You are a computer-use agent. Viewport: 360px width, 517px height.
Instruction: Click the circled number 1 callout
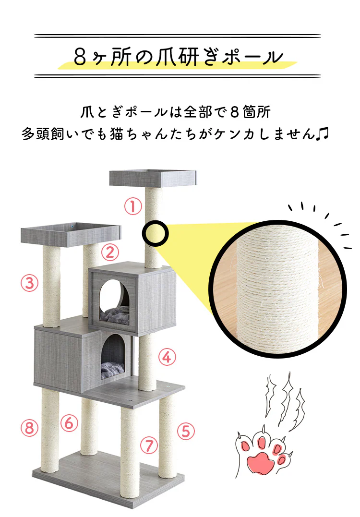[133, 207]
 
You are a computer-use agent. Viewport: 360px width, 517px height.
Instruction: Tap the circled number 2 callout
[110, 252]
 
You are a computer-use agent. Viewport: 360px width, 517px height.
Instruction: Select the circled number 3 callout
[29, 283]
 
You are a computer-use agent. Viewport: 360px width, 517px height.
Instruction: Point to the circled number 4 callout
[167, 357]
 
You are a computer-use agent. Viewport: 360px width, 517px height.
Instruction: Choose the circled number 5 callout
[186, 432]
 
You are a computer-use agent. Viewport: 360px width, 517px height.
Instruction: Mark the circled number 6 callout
[69, 423]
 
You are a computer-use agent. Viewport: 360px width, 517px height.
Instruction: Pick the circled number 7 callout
[149, 445]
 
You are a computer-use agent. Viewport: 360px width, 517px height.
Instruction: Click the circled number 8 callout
[29, 428]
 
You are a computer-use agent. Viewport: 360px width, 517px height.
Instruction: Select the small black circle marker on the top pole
[155, 233]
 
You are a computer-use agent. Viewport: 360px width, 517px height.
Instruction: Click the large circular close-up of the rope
[277, 289]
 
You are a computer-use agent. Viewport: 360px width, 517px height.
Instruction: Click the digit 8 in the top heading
[80, 57]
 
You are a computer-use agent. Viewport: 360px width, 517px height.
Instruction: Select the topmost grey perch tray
[153, 179]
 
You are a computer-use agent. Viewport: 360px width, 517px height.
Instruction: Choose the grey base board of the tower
[108, 480]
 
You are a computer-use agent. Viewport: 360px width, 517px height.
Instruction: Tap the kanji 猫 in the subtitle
[117, 134]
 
